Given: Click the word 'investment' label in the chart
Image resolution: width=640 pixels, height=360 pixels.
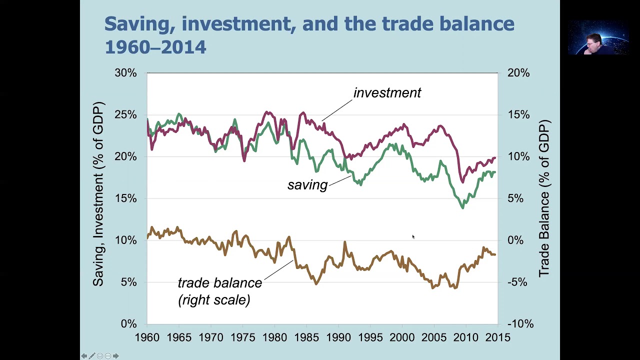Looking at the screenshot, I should click(x=387, y=93).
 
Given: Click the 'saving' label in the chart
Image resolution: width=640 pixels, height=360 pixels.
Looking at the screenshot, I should click(x=307, y=185).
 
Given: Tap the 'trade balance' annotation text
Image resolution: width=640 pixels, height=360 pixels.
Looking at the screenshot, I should click(x=219, y=282).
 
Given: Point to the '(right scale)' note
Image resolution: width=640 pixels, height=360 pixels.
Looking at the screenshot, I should click(x=214, y=299).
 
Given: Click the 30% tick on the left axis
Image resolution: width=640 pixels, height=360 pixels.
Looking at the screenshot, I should click(x=125, y=73).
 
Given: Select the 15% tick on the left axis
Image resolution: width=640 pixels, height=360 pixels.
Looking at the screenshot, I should click(x=125, y=198).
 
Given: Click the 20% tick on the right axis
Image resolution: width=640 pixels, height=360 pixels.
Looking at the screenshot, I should click(x=518, y=73).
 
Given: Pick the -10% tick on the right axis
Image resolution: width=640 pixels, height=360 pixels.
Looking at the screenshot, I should click(x=519, y=324).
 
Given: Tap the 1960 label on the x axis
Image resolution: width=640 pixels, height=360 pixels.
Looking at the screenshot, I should click(x=147, y=337).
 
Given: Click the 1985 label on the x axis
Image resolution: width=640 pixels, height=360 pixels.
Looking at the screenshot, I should click(x=306, y=337).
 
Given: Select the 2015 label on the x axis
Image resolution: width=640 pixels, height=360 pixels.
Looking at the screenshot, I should click(x=497, y=337).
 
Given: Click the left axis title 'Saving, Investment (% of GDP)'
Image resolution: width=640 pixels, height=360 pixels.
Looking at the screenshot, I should click(x=98, y=194).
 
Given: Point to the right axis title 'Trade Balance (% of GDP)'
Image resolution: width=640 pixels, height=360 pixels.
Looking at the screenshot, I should click(x=544, y=198).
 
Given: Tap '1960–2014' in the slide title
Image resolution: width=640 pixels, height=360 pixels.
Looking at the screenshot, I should click(x=155, y=47).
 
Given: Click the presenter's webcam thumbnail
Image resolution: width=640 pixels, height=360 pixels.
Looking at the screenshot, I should click(x=597, y=37).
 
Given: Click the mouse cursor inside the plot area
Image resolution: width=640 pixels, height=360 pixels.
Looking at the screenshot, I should click(x=413, y=237).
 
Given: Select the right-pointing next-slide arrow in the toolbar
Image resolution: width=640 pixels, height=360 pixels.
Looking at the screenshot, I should click(x=116, y=356).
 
